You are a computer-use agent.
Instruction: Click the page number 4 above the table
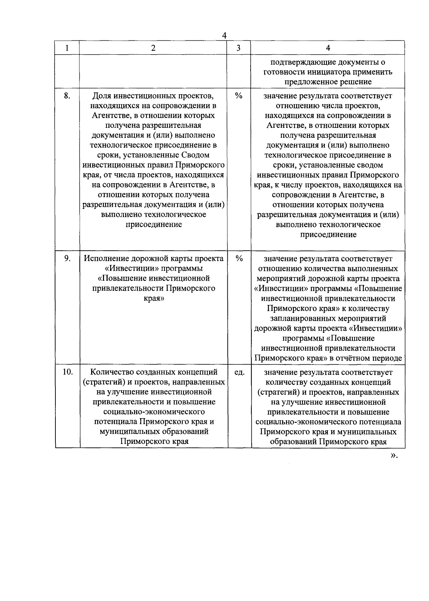tap(224, 36)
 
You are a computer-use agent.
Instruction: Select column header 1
tap(67, 48)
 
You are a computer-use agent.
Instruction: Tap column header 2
tap(153, 48)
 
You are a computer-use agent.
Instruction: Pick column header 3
tap(238, 48)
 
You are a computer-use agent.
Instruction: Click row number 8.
tap(67, 96)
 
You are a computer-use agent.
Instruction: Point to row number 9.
tap(67, 258)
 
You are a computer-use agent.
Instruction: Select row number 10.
tap(68, 372)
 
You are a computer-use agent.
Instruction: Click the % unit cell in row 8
tap(238, 96)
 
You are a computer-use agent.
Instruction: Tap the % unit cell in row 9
tap(239, 258)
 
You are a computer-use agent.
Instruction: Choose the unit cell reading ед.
tap(239, 372)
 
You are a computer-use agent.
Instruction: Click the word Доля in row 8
tap(102, 96)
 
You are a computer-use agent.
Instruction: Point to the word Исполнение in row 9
tap(107, 258)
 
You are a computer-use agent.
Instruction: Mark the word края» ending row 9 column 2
tap(153, 298)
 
